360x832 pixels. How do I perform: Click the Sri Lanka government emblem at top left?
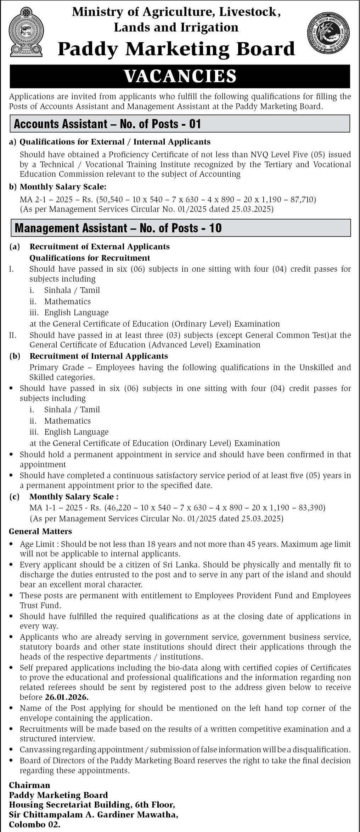tap(26, 35)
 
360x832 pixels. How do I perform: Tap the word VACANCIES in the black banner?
tap(180, 76)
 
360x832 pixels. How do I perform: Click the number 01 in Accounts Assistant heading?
tap(195, 124)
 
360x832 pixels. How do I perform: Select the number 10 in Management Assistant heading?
tap(215, 228)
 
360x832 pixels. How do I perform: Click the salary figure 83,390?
tap(312, 508)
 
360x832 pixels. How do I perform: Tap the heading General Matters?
tap(40, 531)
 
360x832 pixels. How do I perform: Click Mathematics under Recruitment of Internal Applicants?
tap(67, 421)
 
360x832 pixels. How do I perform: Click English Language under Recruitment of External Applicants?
tap(76, 312)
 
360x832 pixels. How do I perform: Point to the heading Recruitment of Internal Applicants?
tap(99, 356)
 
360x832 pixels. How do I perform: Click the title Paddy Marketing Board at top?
tap(176, 49)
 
